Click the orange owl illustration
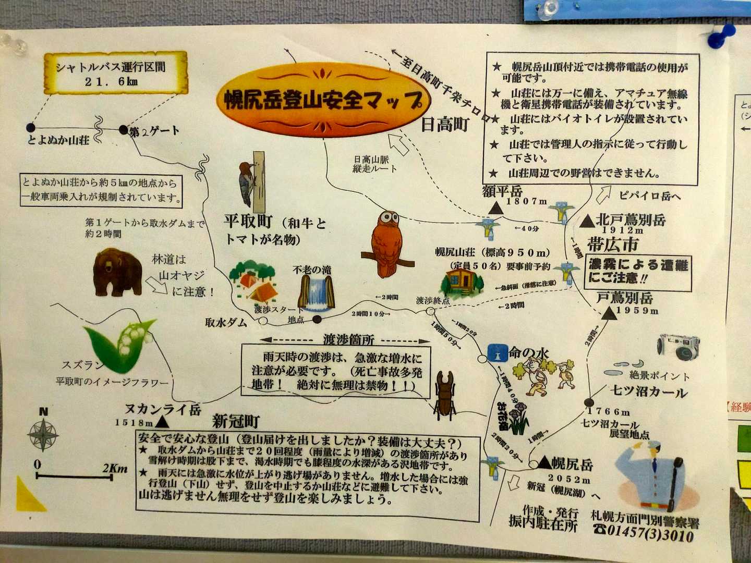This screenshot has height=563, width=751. pyautogui.click(x=386, y=243)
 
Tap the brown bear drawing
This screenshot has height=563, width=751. pyautogui.click(x=117, y=272)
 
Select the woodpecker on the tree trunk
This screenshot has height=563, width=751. pyautogui.click(x=246, y=183)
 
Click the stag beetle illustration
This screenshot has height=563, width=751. pyautogui.click(x=445, y=395)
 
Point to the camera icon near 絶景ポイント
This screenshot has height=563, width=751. pyautogui.click(x=679, y=346)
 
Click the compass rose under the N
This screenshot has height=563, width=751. pyautogui.click(x=43, y=435)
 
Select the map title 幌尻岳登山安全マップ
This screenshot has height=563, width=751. pyautogui.click(x=323, y=100)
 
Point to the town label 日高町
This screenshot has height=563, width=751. pyautogui.click(x=445, y=125)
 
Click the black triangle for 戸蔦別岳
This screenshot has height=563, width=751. pyautogui.click(x=608, y=313)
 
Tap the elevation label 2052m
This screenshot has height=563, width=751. pyautogui.click(x=569, y=479)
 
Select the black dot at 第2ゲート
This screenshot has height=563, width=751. pyautogui.click(x=123, y=129)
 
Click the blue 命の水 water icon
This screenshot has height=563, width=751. pyautogui.click(x=496, y=353)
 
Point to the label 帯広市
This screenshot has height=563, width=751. pyautogui.click(x=612, y=243)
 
